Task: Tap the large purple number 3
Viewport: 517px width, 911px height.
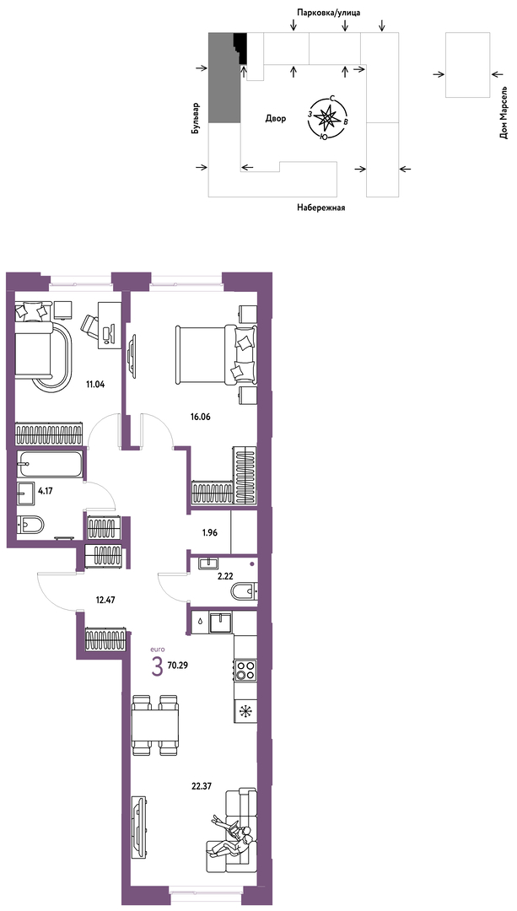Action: point(156,666)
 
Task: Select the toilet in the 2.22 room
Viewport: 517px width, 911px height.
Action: point(244,592)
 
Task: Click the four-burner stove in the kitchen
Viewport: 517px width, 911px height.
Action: point(246,669)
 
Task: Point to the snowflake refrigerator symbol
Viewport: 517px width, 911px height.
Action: point(246,710)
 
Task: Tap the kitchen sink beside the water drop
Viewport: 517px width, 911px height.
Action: point(220,623)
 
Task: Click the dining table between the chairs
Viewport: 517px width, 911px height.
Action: point(154,725)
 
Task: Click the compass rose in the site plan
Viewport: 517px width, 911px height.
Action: point(330,117)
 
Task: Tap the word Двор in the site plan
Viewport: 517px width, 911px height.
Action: point(275,119)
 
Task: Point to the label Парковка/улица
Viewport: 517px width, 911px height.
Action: point(329,12)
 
